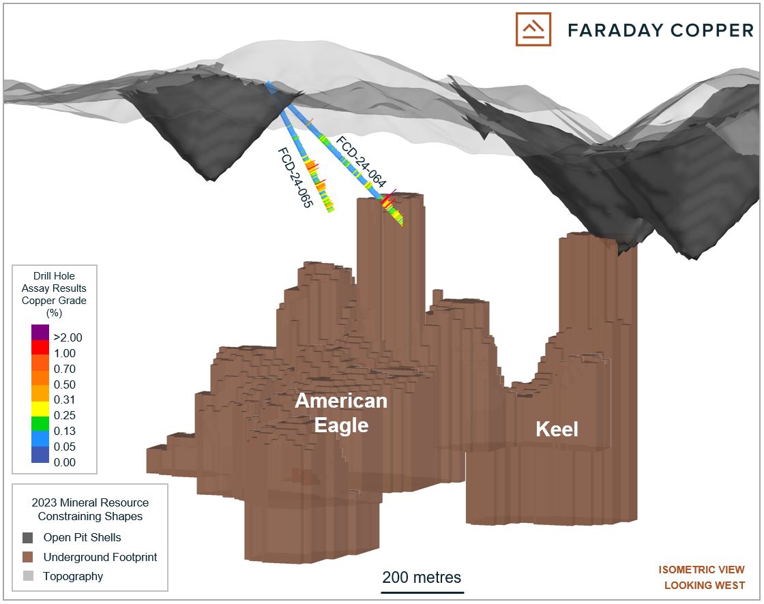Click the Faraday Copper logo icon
[533, 29]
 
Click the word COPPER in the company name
[712, 30]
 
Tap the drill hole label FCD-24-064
[361, 162]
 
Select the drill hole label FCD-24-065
[295, 178]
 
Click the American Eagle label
[341, 412]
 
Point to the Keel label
[557, 429]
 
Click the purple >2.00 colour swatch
[40, 332]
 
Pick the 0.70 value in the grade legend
[65, 369]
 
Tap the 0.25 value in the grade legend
[65, 415]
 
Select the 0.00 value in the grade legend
[65, 462]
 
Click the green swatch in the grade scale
[40, 423]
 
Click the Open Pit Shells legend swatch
[28, 538]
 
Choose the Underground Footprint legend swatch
[28, 557]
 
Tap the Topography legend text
[73, 576]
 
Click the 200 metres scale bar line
[422, 592]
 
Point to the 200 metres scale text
[422, 577]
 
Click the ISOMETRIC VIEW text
[702, 569]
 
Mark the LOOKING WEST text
[705, 585]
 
